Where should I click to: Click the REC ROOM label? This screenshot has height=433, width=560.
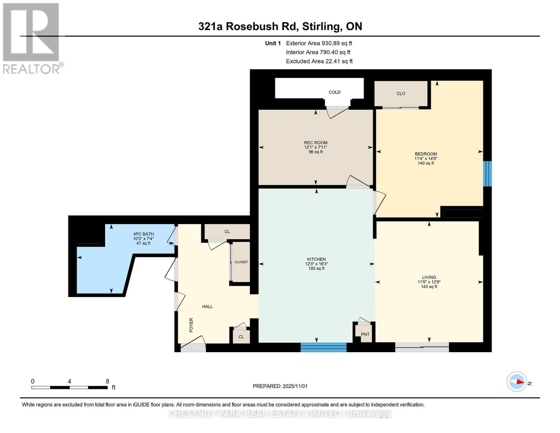pyautogui.click(x=316, y=143)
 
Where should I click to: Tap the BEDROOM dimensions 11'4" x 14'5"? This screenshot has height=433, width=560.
pyautogui.click(x=426, y=158)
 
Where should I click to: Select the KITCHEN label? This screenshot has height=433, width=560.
pyautogui.click(x=316, y=259)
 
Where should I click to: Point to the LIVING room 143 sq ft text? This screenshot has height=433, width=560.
pyautogui.click(x=429, y=287)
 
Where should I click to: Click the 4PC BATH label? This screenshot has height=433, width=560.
pyautogui.click(x=143, y=234)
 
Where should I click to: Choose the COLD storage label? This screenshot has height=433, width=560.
pyautogui.click(x=334, y=92)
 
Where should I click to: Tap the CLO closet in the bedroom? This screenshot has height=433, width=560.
pyautogui.click(x=401, y=93)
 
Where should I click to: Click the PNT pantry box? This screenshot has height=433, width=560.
pyautogui.click(x=365, y=334)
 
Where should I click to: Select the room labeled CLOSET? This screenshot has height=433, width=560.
pyautogui.click(x=241, y=262)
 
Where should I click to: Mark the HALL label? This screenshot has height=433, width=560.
pyautogui.click(x=207, y=306)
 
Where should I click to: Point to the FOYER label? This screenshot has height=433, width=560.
pyautogui.click(x=191, y=325)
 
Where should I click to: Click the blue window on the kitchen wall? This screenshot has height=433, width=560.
pyautogui.click(x=323, y=347)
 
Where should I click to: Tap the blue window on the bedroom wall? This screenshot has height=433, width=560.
pyautogui.click(x=487, y=174)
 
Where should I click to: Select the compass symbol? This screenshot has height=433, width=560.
pyautogui.click(x=517, y=381)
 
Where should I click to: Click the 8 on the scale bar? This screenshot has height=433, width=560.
pyautogui.click(x=107, y=381)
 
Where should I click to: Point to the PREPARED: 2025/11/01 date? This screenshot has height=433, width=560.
pyautogui.click(x=280, y=386)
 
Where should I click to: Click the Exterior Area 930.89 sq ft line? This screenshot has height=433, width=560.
pyautogui.click(x=319, y=43)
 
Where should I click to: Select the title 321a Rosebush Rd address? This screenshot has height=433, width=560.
pyautogui.click(x=280, y=26)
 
